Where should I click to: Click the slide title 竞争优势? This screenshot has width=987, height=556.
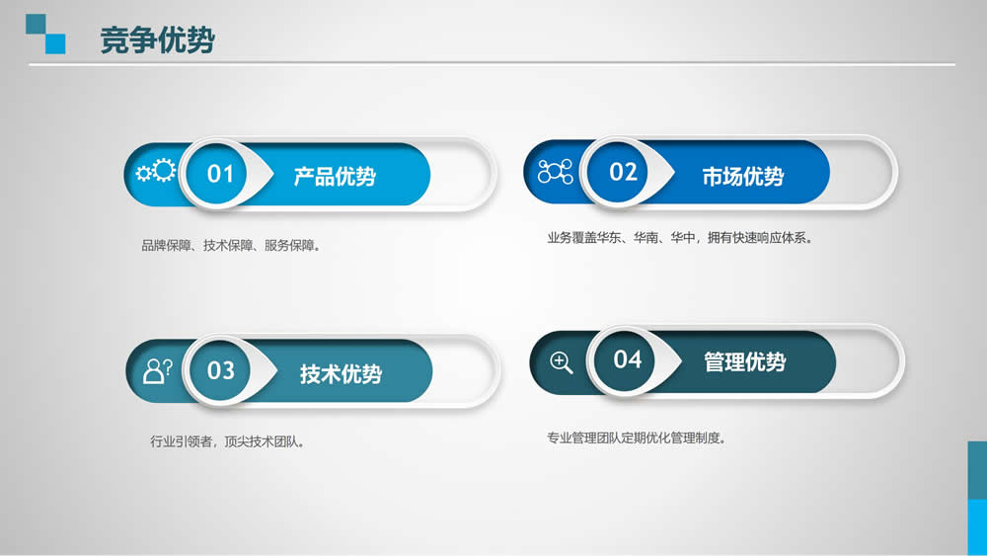point(157,40)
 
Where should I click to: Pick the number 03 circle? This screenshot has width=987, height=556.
point(219,369)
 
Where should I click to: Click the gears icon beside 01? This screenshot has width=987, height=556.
point(156,171)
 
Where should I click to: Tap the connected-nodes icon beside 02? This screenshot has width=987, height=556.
point(555,171)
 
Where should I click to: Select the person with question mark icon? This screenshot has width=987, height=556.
point(157,371)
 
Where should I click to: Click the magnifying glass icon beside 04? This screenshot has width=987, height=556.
point(561,362)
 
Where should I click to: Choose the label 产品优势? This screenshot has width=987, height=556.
point(335,177)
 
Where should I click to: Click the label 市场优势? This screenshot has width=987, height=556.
point(743,177)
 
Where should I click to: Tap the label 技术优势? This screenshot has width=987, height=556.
point(341,374)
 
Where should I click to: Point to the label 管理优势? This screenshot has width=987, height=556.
point(744,362)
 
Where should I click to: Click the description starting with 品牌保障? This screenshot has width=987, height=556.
point(232,246)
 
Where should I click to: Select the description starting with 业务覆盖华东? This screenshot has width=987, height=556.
point(680,238)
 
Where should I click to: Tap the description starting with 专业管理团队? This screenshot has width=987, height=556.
point(637,437)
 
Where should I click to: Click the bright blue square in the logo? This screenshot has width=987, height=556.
point(55,43)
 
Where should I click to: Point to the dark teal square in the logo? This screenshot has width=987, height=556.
point(36,24)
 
